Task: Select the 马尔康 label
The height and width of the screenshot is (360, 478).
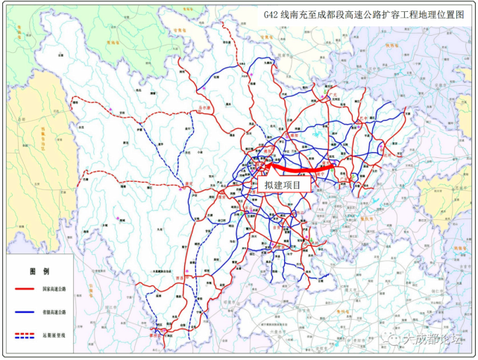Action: click(x=201, y=110)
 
